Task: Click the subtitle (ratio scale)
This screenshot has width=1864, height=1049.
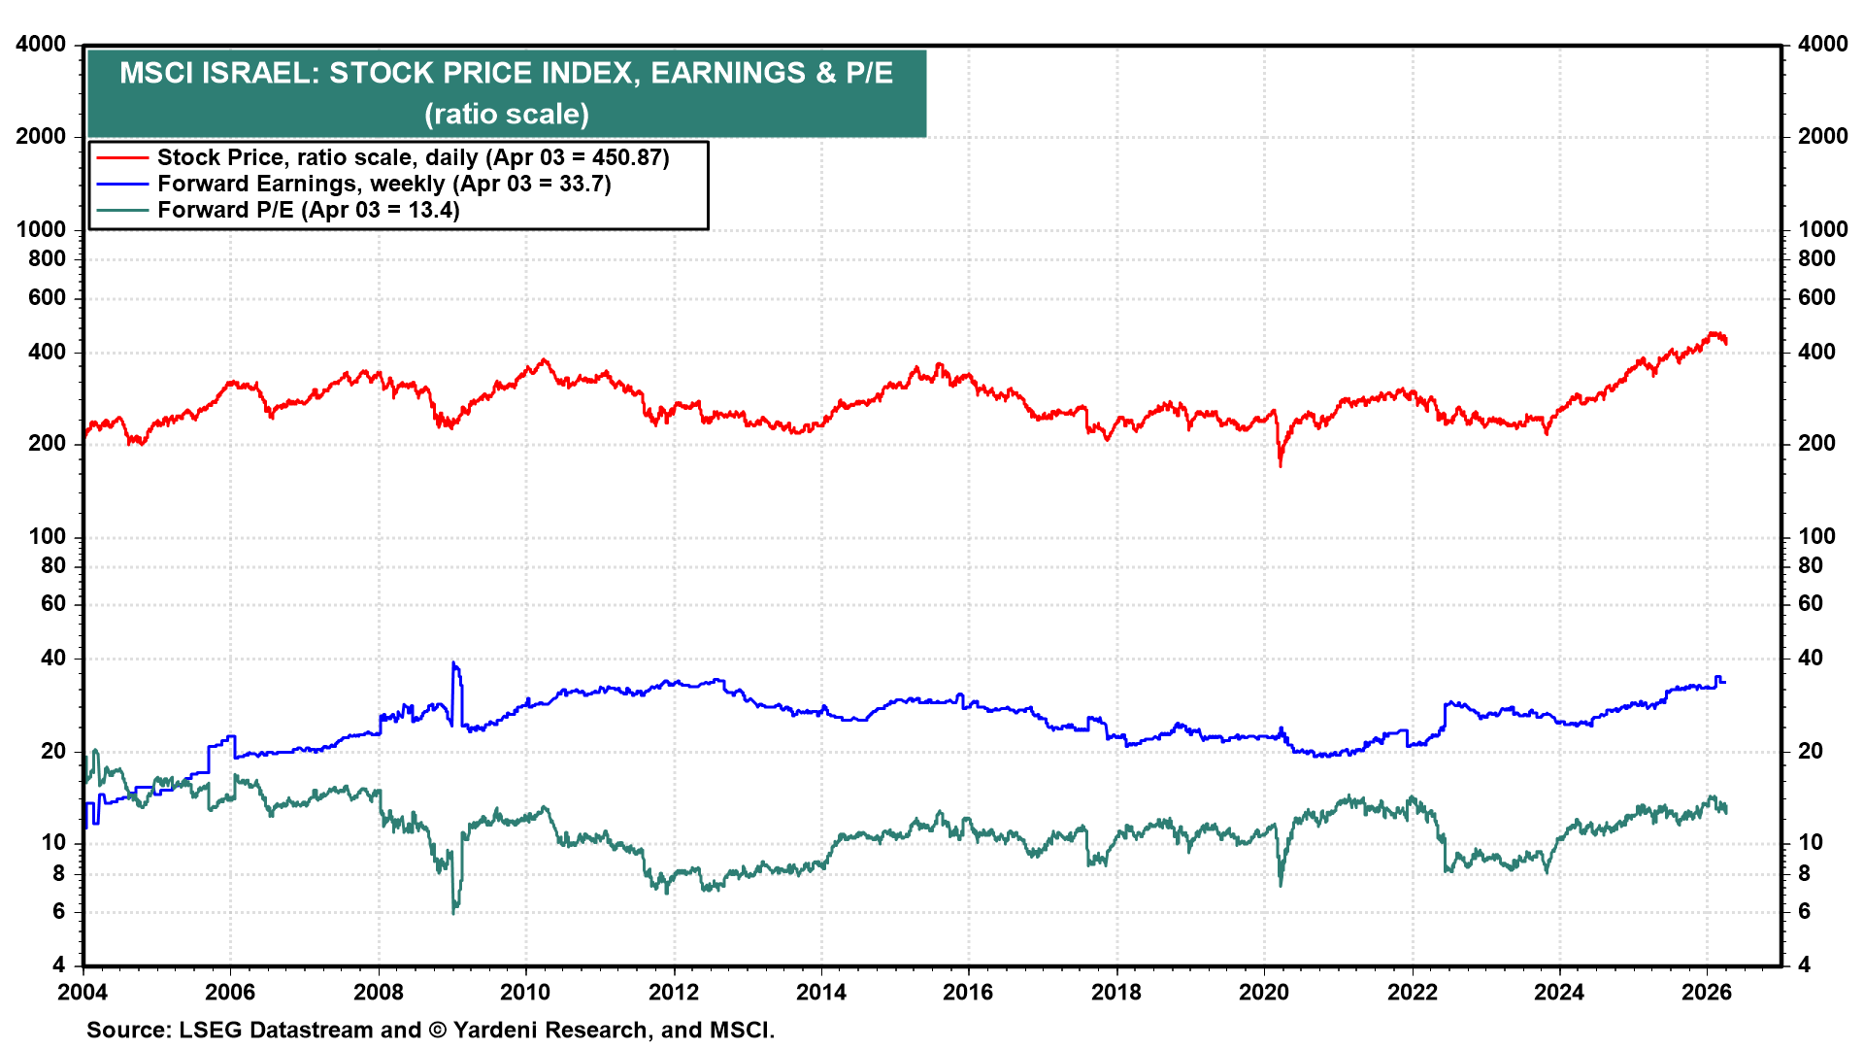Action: [506, 115]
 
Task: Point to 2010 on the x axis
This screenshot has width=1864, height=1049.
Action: [525, 992]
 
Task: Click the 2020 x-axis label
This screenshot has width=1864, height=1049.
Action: [1264, 992]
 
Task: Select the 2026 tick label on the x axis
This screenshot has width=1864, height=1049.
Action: [1707, 992]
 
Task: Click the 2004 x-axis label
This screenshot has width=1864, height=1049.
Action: [83, 992]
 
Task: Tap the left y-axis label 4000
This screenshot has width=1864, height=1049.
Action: [41, 45]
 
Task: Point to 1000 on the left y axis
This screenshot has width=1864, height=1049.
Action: [41, 229]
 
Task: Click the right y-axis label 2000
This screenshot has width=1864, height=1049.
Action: [1822, 136]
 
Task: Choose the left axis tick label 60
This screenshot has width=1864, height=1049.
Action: [53, 603]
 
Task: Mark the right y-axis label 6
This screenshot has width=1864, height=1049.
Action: [1804, 911]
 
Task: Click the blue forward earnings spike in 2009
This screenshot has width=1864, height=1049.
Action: [453, 664]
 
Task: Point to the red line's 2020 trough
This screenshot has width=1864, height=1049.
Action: [1281, 464]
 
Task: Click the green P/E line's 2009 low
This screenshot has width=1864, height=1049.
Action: [453, 911]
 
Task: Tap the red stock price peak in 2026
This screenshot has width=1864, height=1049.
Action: [1714, 333]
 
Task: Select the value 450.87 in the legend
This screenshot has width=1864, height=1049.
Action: [625, 157]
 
